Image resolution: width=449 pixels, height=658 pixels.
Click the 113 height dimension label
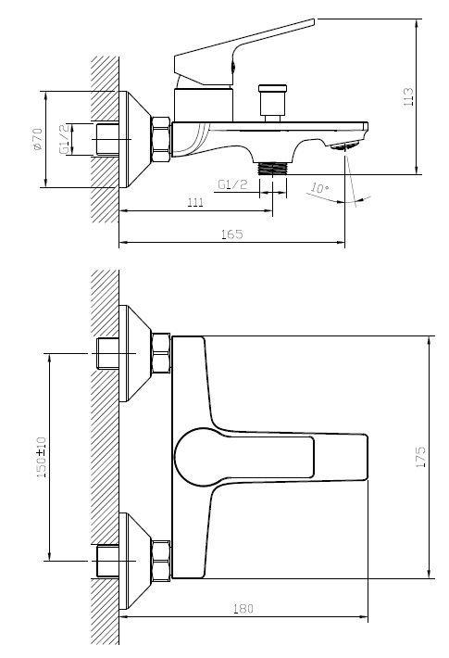coord(408,96)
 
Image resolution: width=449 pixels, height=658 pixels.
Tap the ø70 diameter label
coord(37,139)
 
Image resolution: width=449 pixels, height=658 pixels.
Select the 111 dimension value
coord(195,202)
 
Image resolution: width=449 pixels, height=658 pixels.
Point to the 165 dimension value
coord(232,234)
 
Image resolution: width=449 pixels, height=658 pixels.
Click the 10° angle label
coord(319,187)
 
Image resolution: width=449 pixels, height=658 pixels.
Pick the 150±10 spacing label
coord(41,457)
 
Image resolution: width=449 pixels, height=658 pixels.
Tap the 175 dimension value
coord(420,457)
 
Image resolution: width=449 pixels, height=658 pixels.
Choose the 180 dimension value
coord(243,609)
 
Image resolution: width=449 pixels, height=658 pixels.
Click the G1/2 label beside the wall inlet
coord(64,139)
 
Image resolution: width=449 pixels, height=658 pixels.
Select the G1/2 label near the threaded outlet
coord(232,184)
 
